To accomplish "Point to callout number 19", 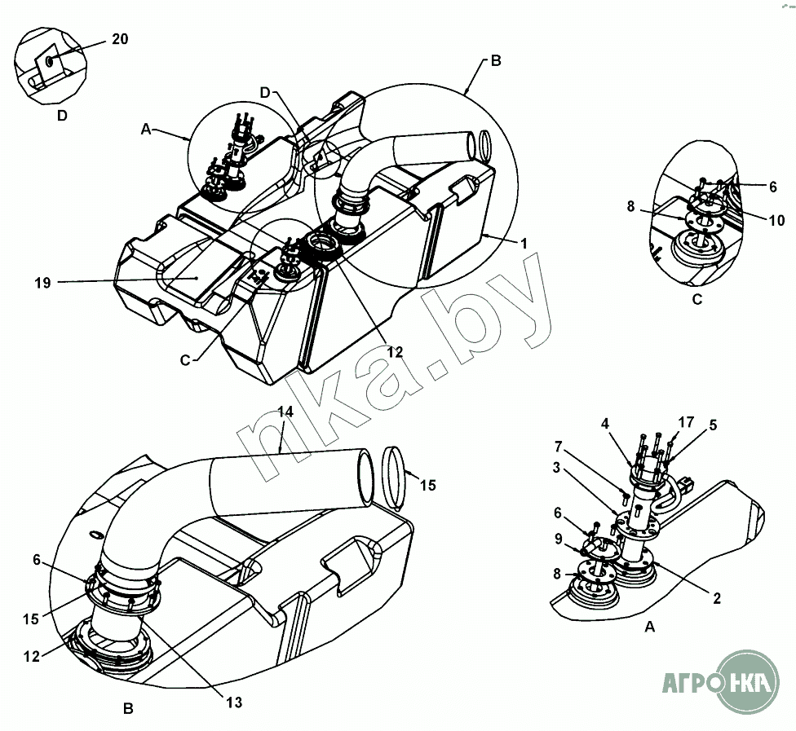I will point(43,283).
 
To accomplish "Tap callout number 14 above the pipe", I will point(285,412).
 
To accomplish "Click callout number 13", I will point(235,700).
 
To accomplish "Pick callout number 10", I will point(776,221).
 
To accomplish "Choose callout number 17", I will point(686,421).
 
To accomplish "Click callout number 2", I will point(717,599).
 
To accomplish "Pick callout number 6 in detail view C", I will point(772,186).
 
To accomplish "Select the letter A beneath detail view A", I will point(650,627).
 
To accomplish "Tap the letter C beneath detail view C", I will point(696,299).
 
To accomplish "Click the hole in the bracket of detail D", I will point(50,61).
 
